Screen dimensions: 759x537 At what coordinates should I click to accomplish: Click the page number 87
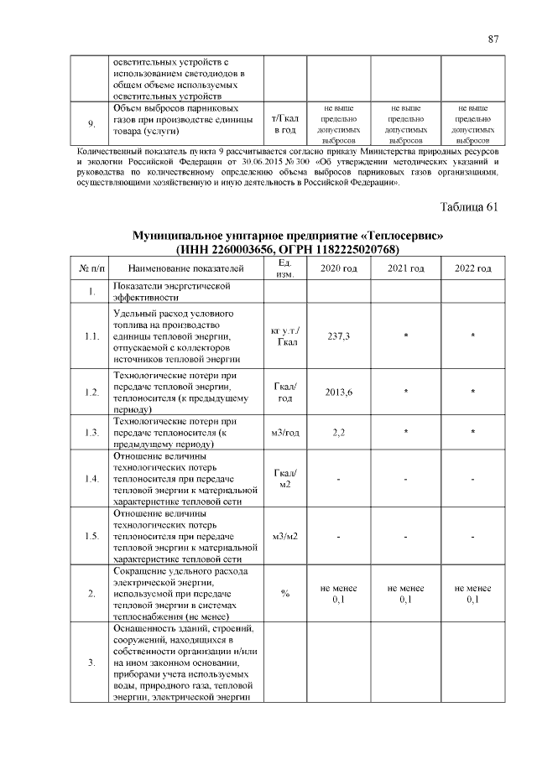coord(494,39)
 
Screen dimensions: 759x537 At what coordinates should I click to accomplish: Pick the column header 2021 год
coord(405,268)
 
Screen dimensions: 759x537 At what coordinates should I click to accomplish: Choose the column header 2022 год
coord(472,268)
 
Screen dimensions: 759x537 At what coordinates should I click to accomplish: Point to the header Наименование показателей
coord(186,268)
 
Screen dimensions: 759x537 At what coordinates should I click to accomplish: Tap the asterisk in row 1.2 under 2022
coord(472,392)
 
